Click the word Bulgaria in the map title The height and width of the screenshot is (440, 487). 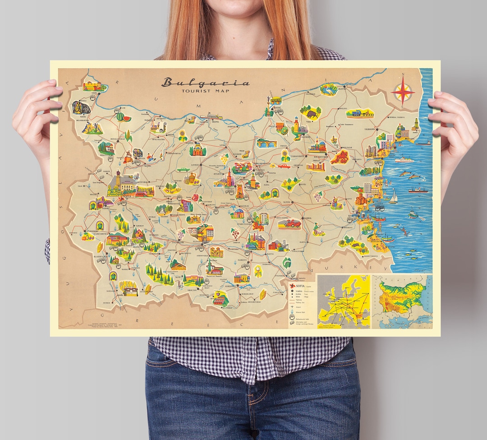coord(205,83)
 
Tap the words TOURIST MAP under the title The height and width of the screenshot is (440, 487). coord(205,91)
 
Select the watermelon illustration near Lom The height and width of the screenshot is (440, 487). coord(121,116)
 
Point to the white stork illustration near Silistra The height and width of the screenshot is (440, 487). coord(328,88)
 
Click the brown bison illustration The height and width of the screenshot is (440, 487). coord(311,111)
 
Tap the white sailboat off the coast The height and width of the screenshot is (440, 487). coord(393,197)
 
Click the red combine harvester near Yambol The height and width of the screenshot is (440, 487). coord(289,223)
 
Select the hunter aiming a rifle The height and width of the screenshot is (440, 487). coord(318,230)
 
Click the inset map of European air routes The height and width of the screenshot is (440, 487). coord(344,301)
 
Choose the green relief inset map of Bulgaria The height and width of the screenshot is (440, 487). coord(402,301)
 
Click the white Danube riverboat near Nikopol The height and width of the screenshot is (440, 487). coord(211,116)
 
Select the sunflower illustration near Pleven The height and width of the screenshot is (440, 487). coord(183,135)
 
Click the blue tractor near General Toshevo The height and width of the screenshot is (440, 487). coord(359,113)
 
